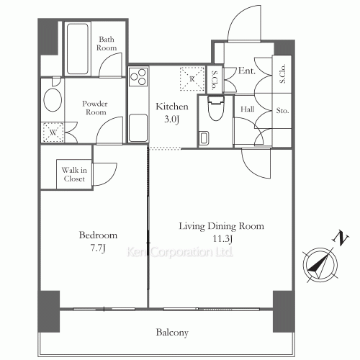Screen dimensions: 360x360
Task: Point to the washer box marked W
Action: [51, 132]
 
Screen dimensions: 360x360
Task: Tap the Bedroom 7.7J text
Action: [97, 241]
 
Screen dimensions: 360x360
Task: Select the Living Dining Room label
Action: [221, 226]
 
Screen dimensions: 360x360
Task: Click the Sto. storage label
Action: [283, 111]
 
